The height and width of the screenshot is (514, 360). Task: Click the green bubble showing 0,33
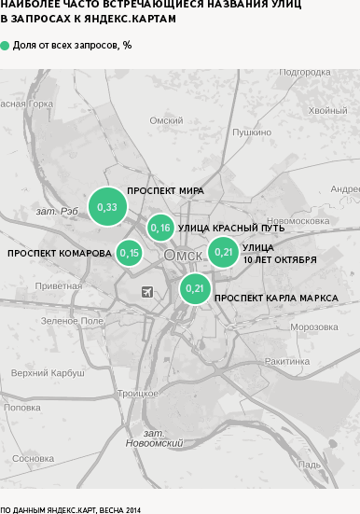107,206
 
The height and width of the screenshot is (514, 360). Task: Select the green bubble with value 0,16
160,228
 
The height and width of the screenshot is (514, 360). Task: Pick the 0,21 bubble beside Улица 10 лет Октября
223,251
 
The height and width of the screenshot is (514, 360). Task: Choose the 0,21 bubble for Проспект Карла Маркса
195,288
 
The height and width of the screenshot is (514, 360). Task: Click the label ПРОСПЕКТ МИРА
165,190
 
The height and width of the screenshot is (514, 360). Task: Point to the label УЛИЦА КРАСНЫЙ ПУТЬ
231,228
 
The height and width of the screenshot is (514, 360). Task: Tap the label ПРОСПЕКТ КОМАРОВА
60,253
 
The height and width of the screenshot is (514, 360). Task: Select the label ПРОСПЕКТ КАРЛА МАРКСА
276,299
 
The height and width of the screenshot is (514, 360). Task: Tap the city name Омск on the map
183,256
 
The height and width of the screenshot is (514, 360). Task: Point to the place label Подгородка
305,72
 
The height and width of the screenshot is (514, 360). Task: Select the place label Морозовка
313,326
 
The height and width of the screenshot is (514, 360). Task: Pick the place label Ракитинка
286,360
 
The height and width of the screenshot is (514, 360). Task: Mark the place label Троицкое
138,393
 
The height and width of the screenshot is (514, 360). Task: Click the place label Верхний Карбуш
41,373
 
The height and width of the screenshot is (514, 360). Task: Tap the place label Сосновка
34,458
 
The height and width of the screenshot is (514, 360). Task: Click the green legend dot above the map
6,45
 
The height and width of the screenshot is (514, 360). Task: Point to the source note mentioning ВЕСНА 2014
70,508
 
